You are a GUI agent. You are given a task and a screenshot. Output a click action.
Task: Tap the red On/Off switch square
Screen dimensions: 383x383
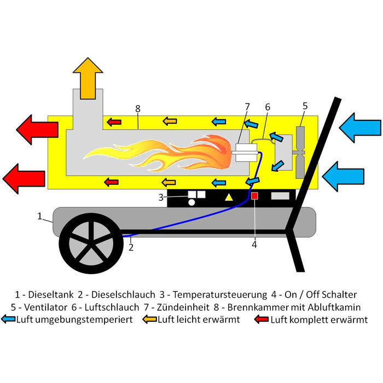click(x=254, y=196)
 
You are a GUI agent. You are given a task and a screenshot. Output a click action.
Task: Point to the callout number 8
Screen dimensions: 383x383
click(x=137, y=108)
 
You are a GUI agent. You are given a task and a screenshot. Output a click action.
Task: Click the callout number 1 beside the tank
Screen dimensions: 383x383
click(x=39, y=217)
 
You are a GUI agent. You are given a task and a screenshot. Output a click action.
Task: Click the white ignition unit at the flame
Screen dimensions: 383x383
click(x=240, y=152)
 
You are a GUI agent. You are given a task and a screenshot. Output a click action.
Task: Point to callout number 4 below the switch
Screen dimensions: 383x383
click(x=254, y=245)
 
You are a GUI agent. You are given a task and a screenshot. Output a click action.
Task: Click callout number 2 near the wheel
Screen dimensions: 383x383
click(x=131, y=247)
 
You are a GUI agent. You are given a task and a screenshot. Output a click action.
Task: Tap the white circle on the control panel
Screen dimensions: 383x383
click(x=191, y=202)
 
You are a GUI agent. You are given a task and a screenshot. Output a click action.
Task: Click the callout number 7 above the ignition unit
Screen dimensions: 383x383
click(x=247, y=106)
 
